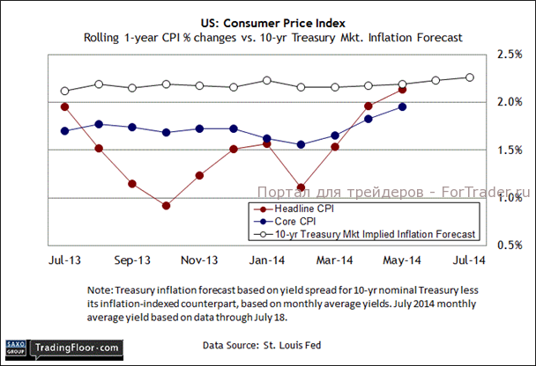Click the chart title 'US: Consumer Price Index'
pyautogui.click(x=268, y=22)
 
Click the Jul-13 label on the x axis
pyautogui.click(x=65, y=261)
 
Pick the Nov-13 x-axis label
pyautogui.click(x=200, y=261)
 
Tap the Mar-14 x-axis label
pyautogui.click(x=335, y=261)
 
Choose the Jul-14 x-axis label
pyautogui.click(x=469, y=261)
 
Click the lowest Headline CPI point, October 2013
pyautogui.click(x=167, y=206)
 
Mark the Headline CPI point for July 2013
pyautogui.click(x=65, y=106)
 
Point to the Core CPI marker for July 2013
pyautogui.click(x=65, y=131)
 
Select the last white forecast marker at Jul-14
pyautogui.click(x=469, y=77)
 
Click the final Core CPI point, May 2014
pyautogui.click(x=402, y=106)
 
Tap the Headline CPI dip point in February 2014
pyautogui.click(x=301, y=187)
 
